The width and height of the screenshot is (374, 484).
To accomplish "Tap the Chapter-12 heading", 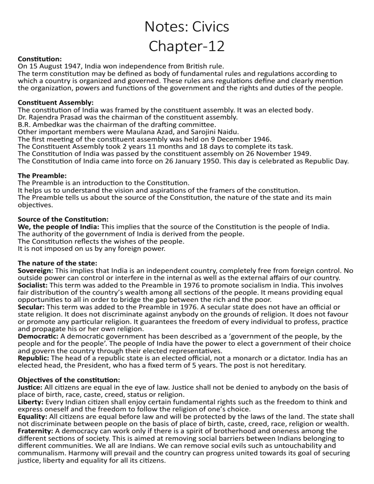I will [x=187, y=46].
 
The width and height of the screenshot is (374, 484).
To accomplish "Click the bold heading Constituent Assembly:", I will [x=56, y=103].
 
